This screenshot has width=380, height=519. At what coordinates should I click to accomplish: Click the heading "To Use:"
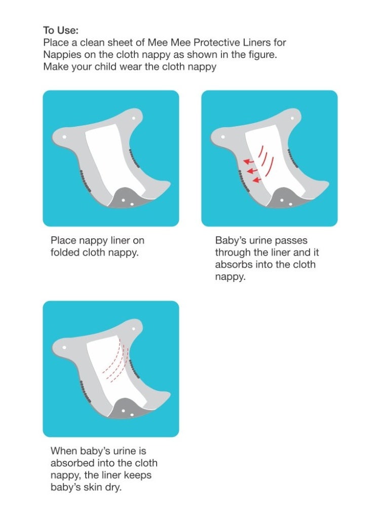pos(61,30)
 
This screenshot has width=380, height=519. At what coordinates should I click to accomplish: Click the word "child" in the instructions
pos(105,66)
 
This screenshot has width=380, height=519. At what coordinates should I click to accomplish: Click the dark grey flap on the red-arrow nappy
pos(288,198)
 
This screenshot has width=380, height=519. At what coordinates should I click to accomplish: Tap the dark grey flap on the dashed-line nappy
pos(130,409)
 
